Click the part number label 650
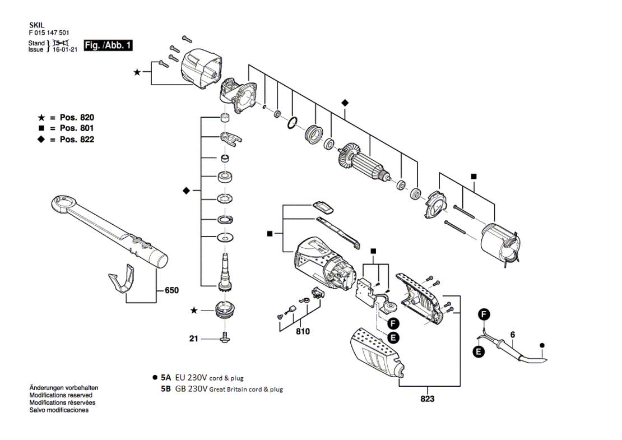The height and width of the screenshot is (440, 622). pos(171,290)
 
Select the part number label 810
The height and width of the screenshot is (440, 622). pos(303,331)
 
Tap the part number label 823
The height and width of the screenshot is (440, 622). pos(427,399)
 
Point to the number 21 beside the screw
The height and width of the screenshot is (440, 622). pos(193,339)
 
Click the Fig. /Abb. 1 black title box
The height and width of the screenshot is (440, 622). pos(108,45)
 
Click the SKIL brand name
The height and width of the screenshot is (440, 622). pos(36,25)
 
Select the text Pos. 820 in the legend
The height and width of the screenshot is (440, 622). pos(77,118)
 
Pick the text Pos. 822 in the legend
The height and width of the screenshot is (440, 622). pos(77,139)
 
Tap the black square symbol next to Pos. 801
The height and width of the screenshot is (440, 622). pos(41,128)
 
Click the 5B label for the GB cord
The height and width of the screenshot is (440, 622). pos(166,389)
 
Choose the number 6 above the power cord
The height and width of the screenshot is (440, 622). pos(513,335)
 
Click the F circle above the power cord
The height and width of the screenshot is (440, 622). pos(484,314)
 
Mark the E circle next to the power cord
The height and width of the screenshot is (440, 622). pos(479,351)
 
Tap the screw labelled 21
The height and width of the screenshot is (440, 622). pos(225,337)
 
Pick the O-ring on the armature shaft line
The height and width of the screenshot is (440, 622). pos(292,123)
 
